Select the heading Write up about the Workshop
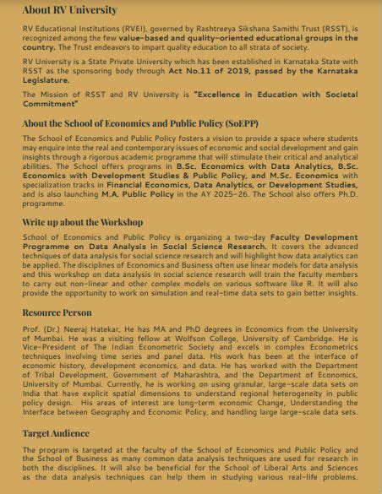click(83, 221)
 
